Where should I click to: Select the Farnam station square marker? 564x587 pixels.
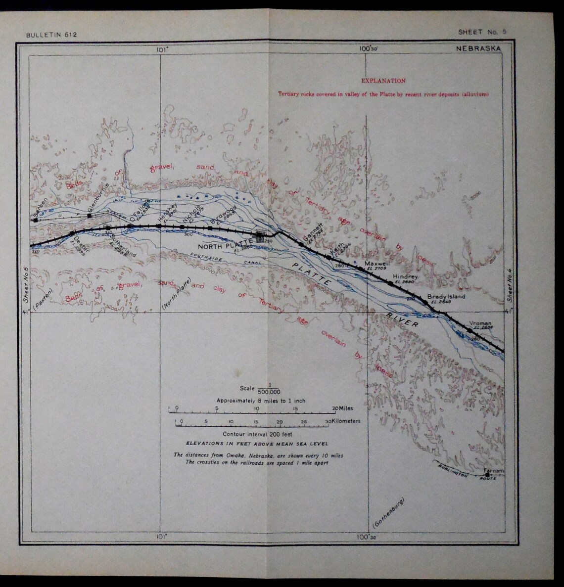(488, 475)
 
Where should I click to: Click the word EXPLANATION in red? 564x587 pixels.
(383, 81)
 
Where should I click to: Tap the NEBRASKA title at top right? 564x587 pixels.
(478, 48)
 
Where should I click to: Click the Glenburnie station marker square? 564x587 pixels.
(89, 215)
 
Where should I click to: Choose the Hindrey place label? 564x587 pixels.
(405, 277)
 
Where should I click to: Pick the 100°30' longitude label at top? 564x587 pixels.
(368, 48)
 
